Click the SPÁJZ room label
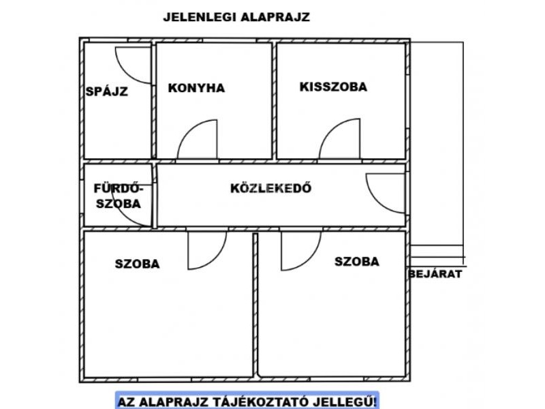point(107,91)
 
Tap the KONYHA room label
point(196,88)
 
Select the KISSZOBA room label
point(333,87)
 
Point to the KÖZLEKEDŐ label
point(270,188)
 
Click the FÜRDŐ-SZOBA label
point(119,196)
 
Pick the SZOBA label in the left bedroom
point(138,264)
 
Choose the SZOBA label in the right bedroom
point(356,262)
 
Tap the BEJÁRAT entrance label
point(435,274)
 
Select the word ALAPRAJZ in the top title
point(275,17)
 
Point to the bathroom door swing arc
point(123,214)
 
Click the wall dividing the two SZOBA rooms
point(255,305)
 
